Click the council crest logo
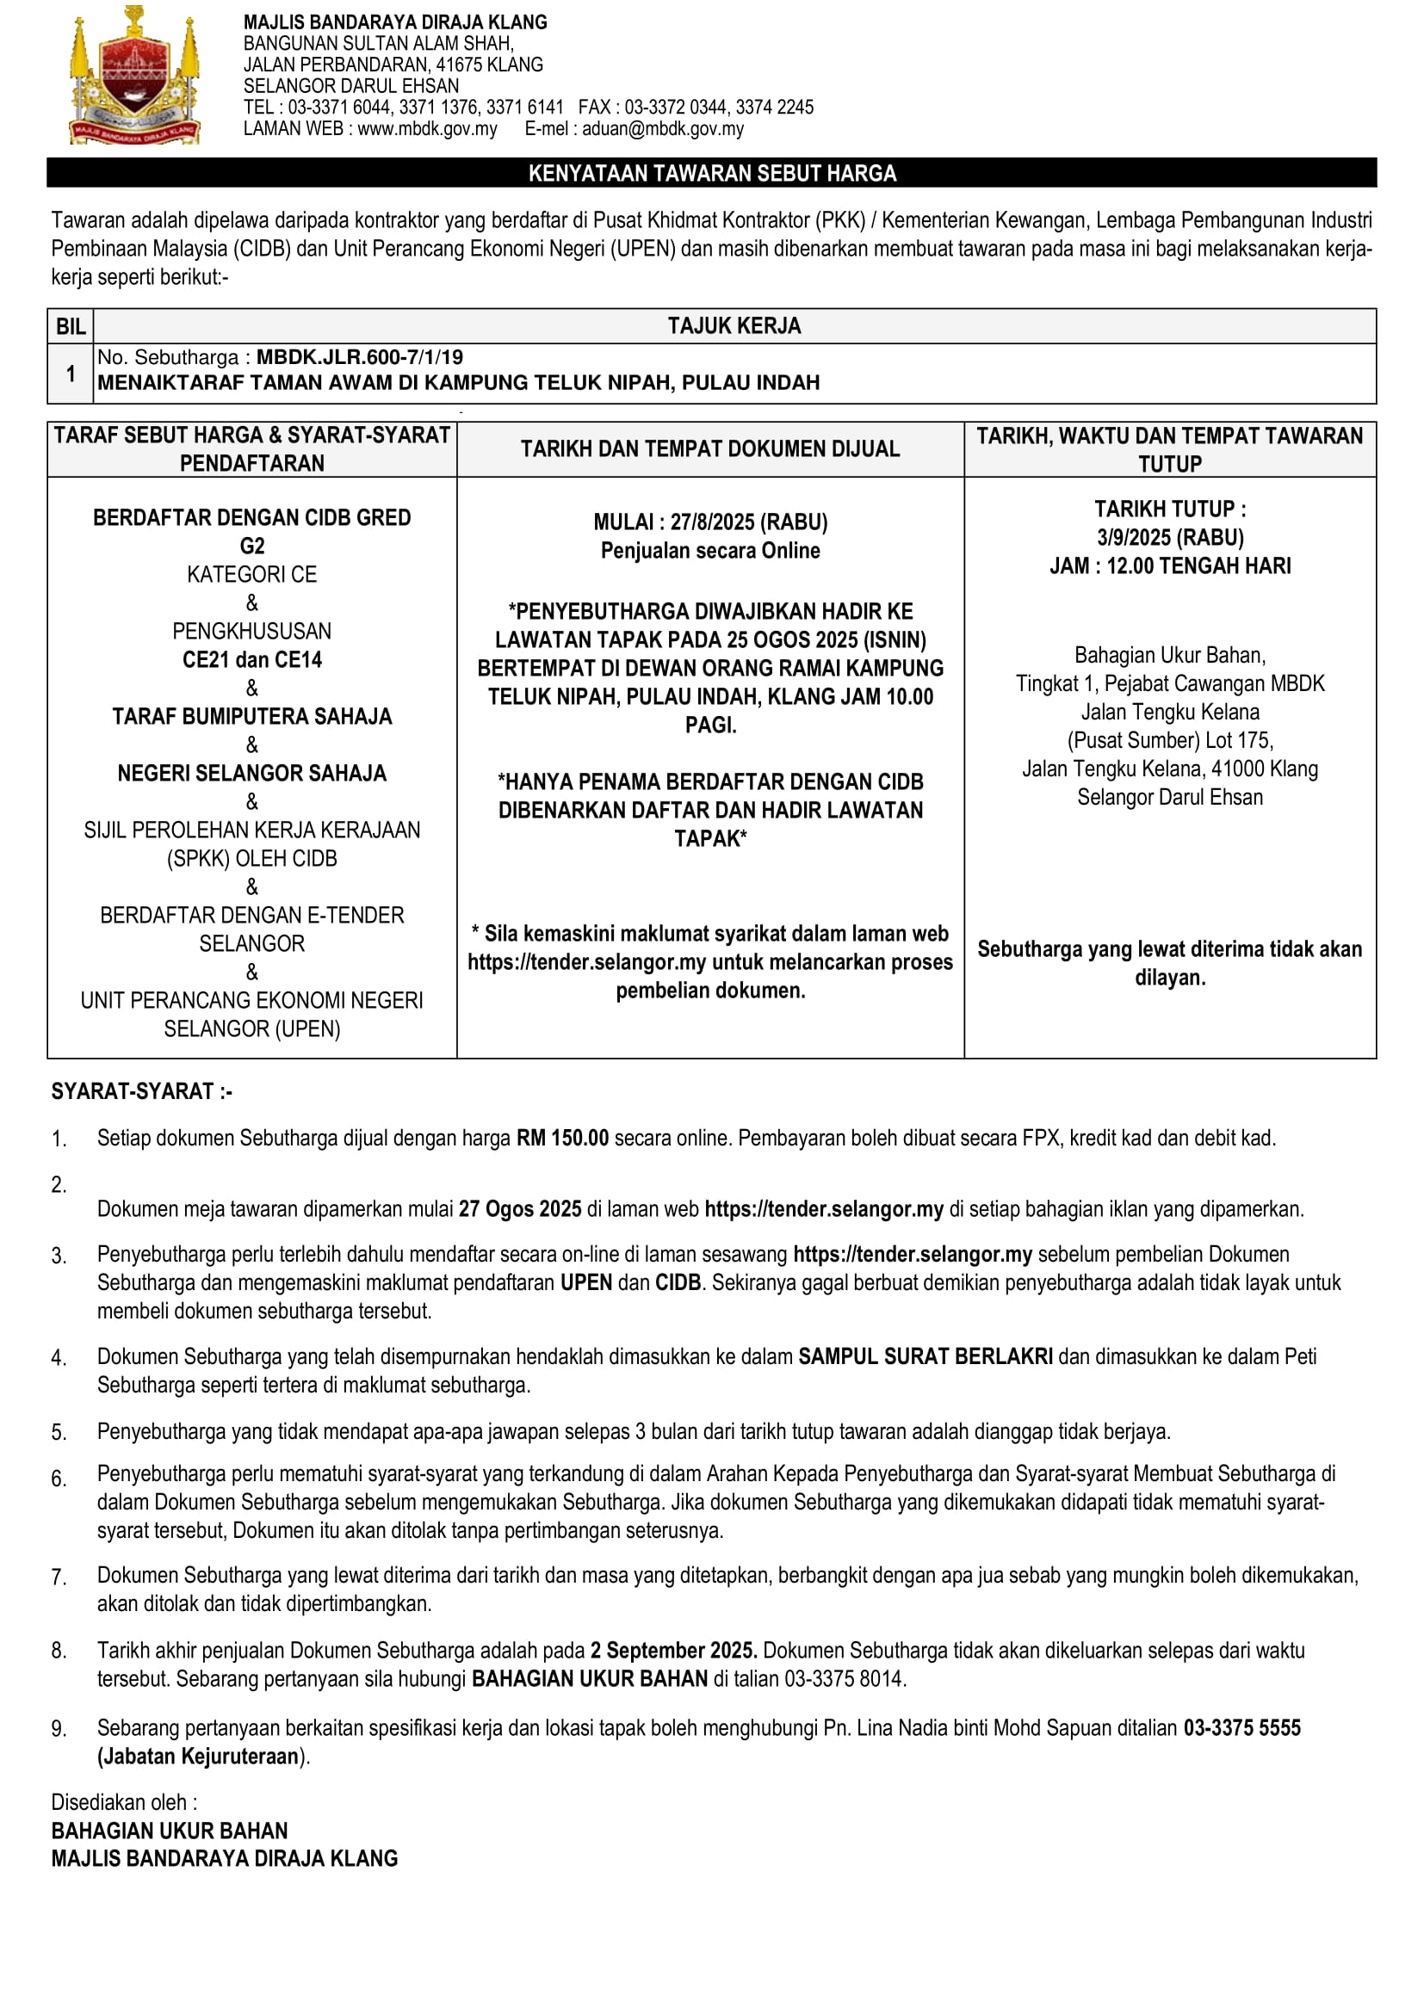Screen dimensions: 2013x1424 134,77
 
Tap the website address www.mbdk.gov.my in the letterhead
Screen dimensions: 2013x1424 427,129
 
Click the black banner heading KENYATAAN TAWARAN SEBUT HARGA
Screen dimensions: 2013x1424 711,173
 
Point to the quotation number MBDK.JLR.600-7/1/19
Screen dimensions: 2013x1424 360,357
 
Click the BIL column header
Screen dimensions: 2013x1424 70,326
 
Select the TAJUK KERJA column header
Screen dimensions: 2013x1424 734,326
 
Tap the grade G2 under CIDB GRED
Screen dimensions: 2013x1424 251,546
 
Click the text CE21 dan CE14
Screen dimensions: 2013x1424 251,659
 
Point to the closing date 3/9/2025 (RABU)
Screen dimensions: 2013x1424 1170,537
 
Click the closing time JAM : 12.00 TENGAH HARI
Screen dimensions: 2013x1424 1170,565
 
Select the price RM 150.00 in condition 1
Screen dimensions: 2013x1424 562,1138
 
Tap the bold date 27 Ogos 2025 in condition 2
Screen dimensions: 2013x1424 520,1209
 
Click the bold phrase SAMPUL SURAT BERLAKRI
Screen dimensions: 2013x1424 925,1356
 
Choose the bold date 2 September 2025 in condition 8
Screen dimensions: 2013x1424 673,1650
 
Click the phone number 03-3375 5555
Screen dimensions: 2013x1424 1241,1728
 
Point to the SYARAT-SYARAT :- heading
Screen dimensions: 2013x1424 141,1091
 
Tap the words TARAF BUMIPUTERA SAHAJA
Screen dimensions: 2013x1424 251,716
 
